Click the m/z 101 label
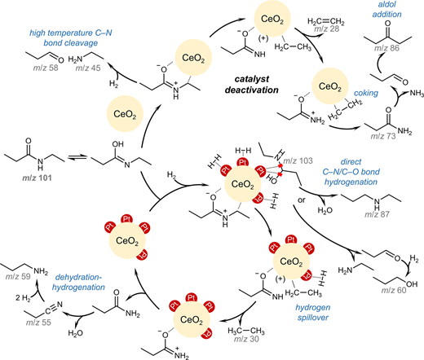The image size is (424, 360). click(37, 178)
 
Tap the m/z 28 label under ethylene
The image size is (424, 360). click(327, 29)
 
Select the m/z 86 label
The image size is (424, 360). click(386, 48)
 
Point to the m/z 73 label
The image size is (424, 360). click(383, 136)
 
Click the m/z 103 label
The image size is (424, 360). click(298, 160)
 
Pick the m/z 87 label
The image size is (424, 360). click(377, 214)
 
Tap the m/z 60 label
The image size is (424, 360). click(394, 290)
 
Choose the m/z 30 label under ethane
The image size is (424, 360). click(246, 339)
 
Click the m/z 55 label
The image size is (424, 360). click(38, 323)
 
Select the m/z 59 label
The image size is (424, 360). click(18, 277)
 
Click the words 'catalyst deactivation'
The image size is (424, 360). click(252, 85)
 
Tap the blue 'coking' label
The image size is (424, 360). click(366, 93)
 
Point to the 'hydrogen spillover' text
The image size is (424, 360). click(313, 313)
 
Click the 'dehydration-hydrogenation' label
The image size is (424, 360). click(78, 283)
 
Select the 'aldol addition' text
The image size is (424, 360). click(386, 9)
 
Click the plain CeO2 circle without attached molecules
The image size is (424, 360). click(125, 114)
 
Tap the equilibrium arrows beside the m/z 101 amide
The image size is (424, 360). click(77, 157)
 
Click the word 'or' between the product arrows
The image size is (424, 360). click(302, 200)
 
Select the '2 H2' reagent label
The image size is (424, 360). click(23, 298)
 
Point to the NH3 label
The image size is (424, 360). click(417, 94)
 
